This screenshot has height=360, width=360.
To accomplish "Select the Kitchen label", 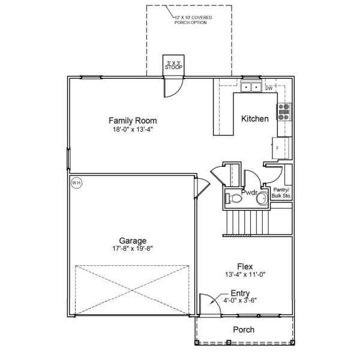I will tap(255, 119).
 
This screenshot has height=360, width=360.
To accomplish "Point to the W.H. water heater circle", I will tap(76, 183).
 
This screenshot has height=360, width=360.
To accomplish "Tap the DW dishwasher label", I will tap(269, 88).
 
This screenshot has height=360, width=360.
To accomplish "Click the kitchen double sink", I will tap(251, 88).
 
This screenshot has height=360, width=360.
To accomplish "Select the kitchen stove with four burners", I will tap(284, 112).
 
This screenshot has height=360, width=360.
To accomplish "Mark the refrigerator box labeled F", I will tap(280, 147).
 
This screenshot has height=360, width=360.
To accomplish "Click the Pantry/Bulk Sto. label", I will tap(281, 193).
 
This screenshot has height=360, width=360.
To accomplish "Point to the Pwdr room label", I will tap(250, 193).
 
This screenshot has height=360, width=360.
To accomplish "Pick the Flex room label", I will tap(244, 266).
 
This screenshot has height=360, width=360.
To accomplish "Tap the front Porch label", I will tap(244, 329).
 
